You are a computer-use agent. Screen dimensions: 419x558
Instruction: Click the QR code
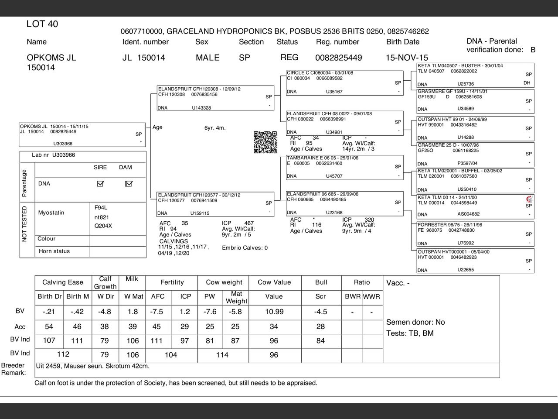tap(265, 142)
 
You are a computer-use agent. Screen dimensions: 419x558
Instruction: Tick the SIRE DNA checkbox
tap(100, 184)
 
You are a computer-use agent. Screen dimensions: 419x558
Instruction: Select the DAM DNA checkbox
tap(128, 184)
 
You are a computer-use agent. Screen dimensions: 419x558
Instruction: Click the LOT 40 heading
tap(42, 24)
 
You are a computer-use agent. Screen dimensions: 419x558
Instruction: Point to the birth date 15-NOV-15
tap(407, 58)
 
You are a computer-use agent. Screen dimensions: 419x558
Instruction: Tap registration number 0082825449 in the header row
tap(338, 58)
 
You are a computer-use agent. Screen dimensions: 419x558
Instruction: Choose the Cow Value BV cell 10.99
tap(274, 312)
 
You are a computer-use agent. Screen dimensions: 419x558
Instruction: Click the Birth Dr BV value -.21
tap(49, 312)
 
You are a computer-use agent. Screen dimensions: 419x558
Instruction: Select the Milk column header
tap(132, 279)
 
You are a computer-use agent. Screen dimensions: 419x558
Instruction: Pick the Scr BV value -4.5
tap(320, 312)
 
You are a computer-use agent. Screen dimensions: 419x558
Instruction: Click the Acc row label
tap(20, 327)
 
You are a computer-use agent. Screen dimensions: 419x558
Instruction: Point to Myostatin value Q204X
tap(103, 226)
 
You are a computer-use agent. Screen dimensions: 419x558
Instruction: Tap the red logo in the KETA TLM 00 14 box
tap(529, 199)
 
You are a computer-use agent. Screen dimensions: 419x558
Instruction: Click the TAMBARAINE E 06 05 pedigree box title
tap(323, 158)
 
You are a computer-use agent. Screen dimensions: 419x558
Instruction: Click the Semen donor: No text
tap(415, 322)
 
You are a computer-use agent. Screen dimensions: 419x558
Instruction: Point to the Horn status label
tap(54, 251)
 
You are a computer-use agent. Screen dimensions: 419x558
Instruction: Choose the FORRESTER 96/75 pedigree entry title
tap(450, 225)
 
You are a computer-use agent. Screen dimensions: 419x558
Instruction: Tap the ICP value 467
tap(248, 223)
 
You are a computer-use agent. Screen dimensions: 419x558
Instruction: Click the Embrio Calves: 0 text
tap(245, 248)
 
